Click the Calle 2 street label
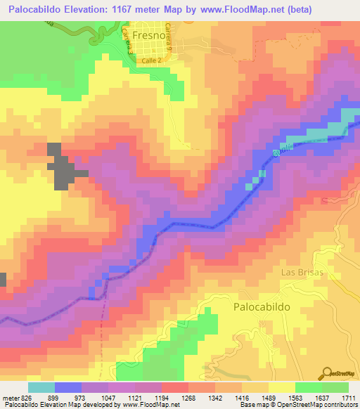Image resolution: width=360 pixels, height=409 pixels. click(152, 62)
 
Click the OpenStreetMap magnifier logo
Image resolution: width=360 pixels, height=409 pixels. click(328, 373)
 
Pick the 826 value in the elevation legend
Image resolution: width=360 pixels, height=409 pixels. click(25, 398)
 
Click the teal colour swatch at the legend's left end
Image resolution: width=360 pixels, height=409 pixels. click(41, 387)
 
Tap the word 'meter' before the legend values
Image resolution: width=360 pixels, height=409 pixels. click(9, 398)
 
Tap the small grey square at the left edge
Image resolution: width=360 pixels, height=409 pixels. click(3, 279)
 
